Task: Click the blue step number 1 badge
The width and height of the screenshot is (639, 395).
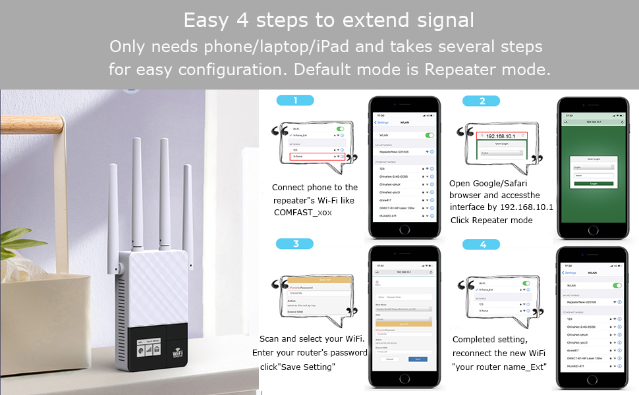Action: point(295,101)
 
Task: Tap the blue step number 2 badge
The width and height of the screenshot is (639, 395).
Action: point(482,101)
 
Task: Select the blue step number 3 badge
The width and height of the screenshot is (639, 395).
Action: point(296,244)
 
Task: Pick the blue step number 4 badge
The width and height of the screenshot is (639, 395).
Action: point(483,244)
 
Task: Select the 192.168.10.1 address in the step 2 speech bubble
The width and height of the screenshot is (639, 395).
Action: point(503,136)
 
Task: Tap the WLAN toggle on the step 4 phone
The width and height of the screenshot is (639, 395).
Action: point(617,286)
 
